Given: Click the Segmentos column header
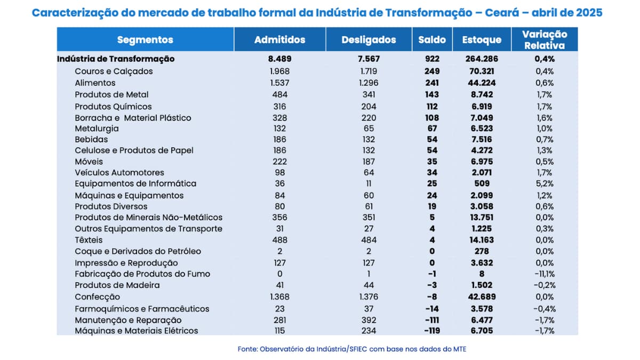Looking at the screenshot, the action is [145, 39].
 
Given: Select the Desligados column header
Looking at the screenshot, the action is [369, 39].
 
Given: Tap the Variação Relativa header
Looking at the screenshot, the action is [545, 39].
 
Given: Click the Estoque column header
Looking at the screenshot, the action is [482, 39].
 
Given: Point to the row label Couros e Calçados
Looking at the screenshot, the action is [114, 71].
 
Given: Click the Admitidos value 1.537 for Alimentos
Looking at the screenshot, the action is [279, 83].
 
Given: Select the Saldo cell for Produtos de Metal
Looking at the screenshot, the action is [432, 94].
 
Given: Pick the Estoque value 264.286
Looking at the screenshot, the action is [482, 59].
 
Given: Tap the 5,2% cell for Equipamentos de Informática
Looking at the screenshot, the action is [545, 183].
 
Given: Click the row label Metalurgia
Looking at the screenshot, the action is [97, 129].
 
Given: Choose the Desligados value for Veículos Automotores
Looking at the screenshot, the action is [369, 173].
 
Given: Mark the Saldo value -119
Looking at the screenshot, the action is [432, 331].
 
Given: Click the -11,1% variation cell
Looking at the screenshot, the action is [545, 274].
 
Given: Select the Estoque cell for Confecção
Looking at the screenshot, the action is [482, 297].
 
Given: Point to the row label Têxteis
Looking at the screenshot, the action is [89, 239].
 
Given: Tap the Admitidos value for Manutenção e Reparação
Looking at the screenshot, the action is [279, 320].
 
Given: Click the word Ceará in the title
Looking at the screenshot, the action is [502, 13].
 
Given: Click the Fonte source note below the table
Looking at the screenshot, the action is [352, 349].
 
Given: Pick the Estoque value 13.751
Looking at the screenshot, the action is [482, 218].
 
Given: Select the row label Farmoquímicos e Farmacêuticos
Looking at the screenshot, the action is [142, 309].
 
